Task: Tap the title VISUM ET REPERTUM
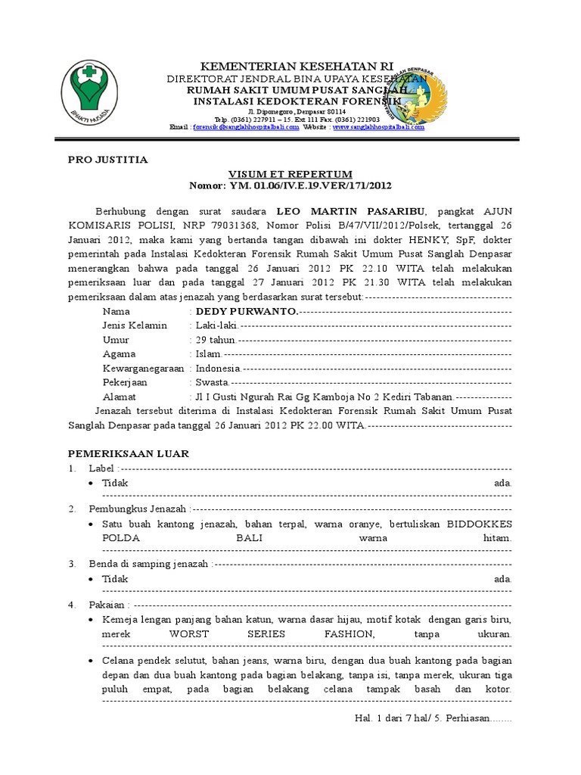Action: pos(291,173)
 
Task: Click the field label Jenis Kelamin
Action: pos(135,325)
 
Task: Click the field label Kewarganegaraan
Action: pos(143,368)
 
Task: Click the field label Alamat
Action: pos(120,397)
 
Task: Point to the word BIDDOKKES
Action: pos(479,524)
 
